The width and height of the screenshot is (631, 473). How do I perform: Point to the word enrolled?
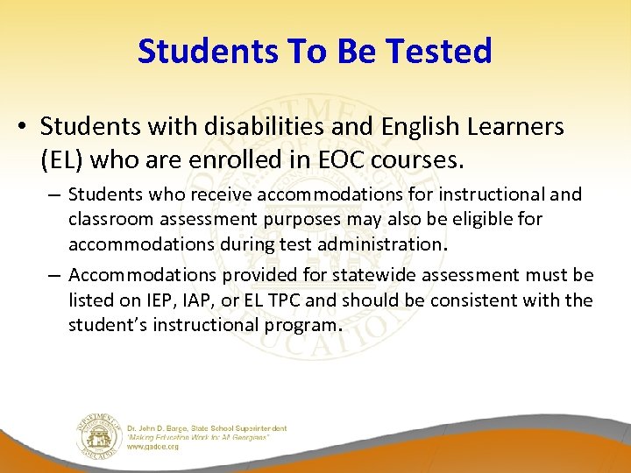(x=229, y=160)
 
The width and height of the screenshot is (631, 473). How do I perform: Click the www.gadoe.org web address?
(x=153, y=446)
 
